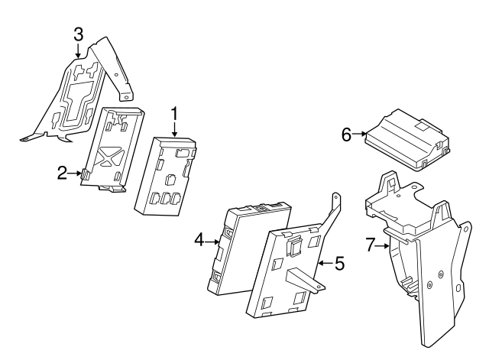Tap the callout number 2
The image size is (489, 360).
[x=63, y=174]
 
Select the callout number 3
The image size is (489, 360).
[x=77, y=34]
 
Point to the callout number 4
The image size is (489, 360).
[x=199, y=241]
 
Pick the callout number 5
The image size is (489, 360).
[x=339, y=264]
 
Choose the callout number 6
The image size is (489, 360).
[x=346, y=135]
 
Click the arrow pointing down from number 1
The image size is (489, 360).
[x=174, y=131]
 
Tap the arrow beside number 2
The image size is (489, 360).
[x=76, y=174]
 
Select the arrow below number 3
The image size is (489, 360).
[x=77, y=51]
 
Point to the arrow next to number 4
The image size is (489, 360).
[x=213, y=241]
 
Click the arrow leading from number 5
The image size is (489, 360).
[x=324, y=264]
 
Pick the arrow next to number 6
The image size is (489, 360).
[x=361, y=135]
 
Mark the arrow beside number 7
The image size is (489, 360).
[x=384, y=245]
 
